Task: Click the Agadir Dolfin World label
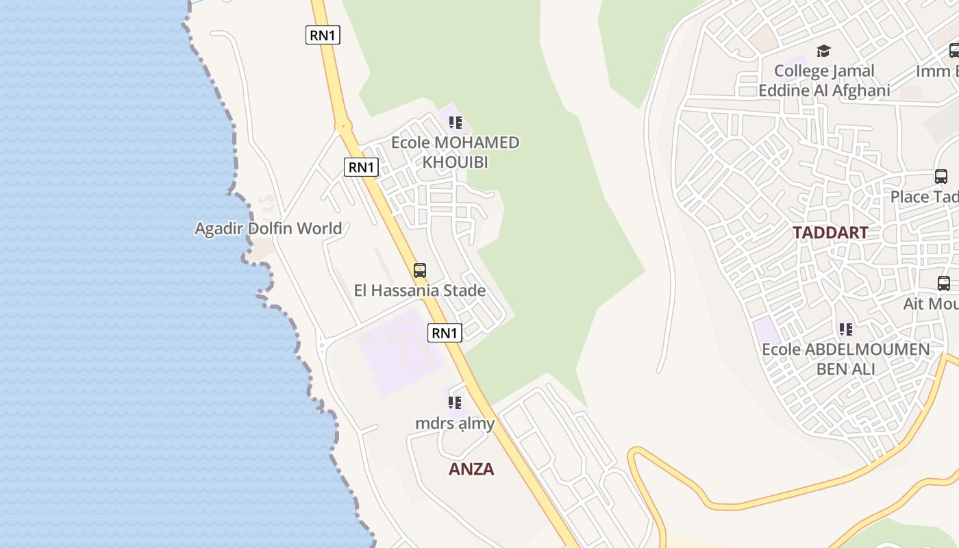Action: [x=268, y=228]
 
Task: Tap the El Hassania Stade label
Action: [x=419, y=290]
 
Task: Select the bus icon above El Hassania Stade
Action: [x=420, y=271]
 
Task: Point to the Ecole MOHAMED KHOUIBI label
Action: [x=455, y=152]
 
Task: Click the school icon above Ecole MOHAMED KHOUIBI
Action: [x=456, y=123]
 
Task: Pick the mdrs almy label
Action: [x=455, y=423]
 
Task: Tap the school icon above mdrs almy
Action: [x=455, y=403]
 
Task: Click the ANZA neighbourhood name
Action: [x=471, y=469]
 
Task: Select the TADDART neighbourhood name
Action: [x=830, y=233]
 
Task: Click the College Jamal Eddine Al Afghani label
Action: [x=824, y=81]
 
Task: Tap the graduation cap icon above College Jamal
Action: [x=823, y=51]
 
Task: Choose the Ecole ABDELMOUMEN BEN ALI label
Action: [x=846, y=359]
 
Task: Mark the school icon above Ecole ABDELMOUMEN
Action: [x=846, y=329]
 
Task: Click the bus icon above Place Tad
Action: [x=941, y=177]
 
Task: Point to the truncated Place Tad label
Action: [x=924, y=197]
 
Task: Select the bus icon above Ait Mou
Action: [x=943, y=283]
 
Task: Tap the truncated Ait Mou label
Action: [x=931, y=303]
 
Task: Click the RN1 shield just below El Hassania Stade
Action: [x=445, y=334]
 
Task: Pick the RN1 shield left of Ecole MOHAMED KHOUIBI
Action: [x=361, y=167]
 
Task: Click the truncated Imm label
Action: [x=937, y=71]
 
